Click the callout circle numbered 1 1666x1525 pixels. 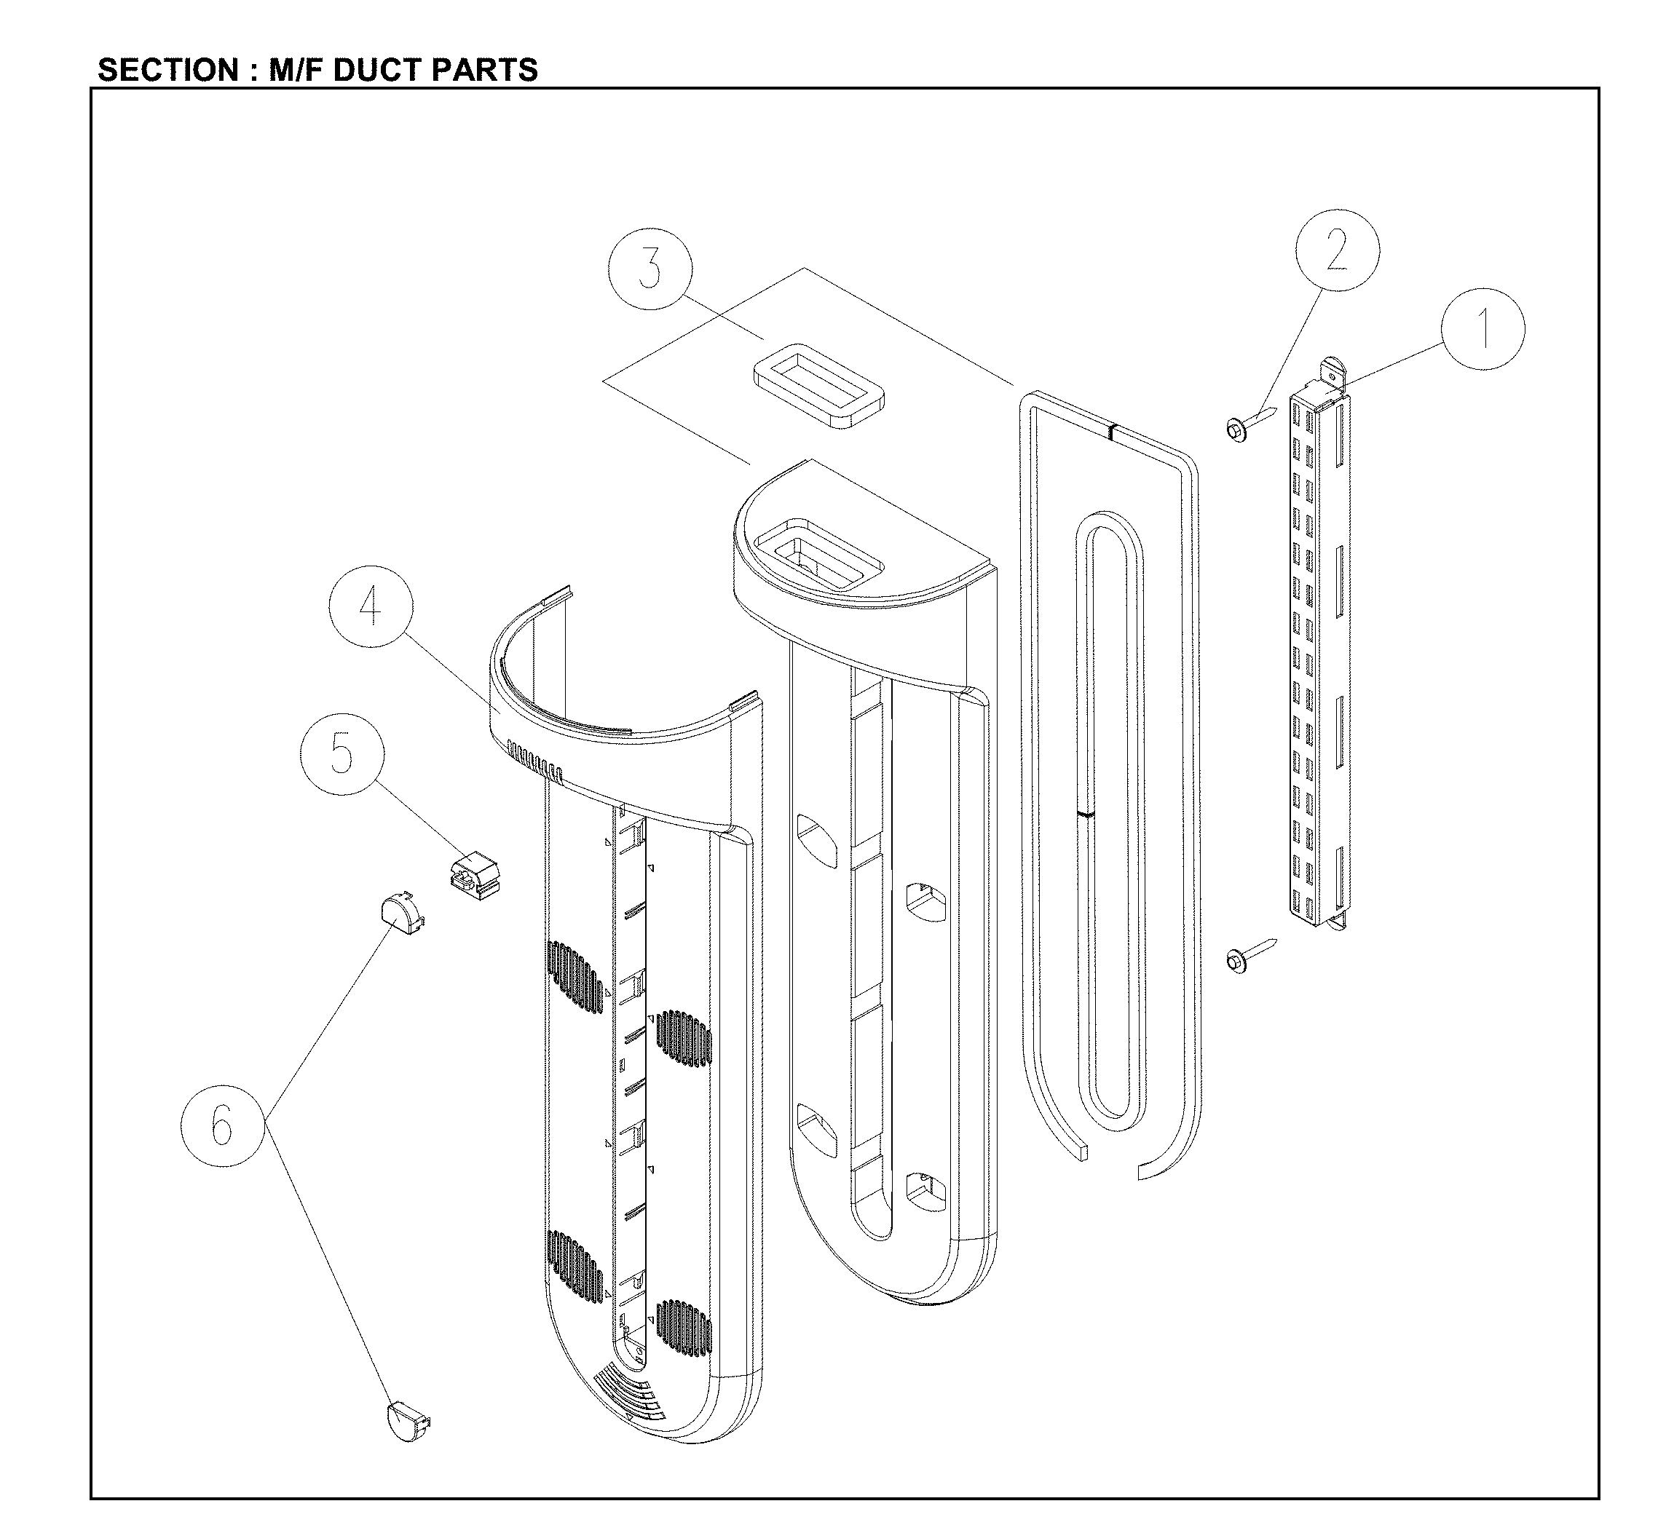pos(1483,328)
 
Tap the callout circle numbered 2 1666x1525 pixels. pos(1336,250)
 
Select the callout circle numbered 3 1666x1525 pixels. pos(650,269)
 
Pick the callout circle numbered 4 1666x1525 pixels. pos(370,607)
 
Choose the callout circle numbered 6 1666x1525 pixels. pos(222,1125)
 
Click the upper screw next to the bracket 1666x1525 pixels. pos(1249,424)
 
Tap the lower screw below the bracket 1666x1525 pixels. pos(1249,956)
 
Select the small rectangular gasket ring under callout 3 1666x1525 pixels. pos(818,386)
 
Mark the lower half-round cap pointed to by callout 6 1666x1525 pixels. pos(408,1419)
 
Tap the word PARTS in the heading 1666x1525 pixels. pos(484,70)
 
